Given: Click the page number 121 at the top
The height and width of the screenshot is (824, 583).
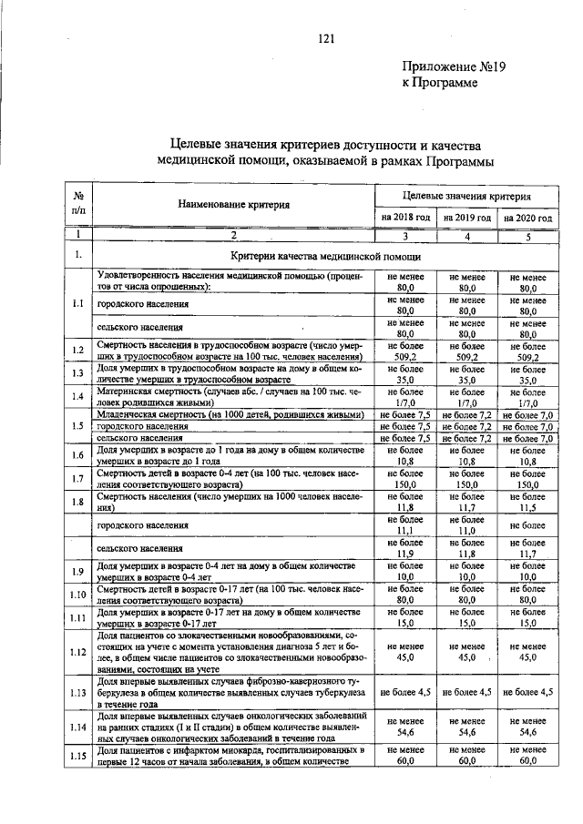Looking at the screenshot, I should tap(327, 37).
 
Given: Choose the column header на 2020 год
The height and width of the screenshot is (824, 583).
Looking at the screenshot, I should tap(528, 219).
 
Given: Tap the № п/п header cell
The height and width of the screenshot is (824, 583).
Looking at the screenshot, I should tap(79, 202).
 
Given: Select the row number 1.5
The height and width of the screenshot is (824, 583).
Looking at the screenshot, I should tap(79, 426).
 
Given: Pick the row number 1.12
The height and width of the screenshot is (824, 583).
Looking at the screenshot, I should tap(79, 651).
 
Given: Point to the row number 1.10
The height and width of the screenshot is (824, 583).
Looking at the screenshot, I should tap(79, 595).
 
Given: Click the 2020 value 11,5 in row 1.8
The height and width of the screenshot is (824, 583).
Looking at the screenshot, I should tap(528, 508).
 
